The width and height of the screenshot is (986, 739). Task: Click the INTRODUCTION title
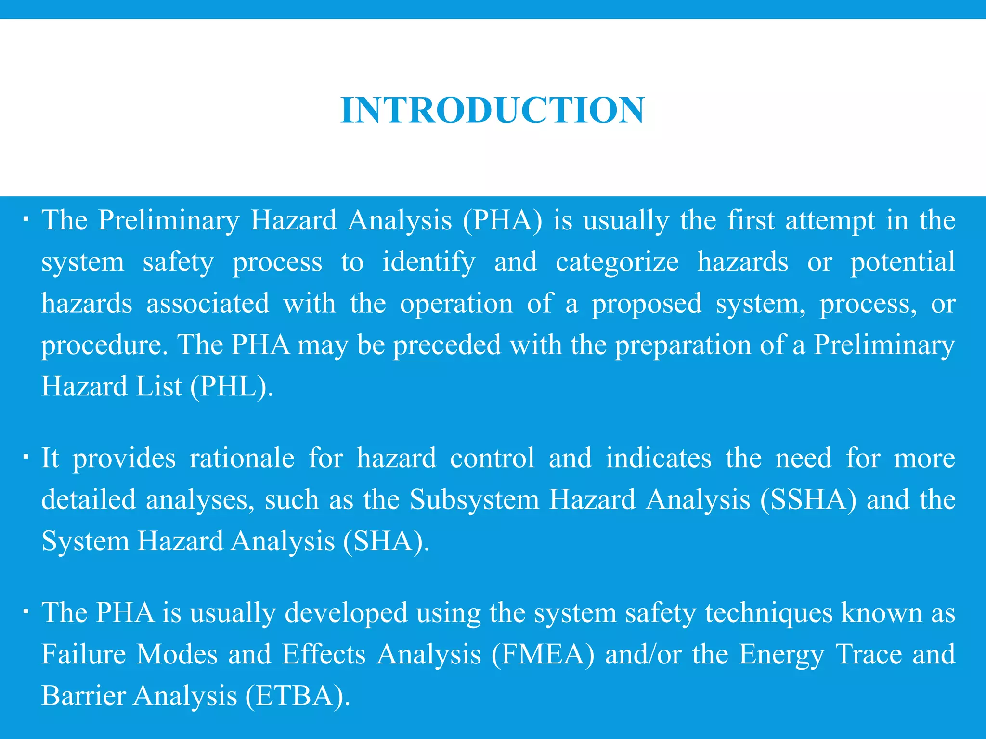(x=492, y=110)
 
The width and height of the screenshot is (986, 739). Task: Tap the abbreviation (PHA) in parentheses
(x=503, y=221)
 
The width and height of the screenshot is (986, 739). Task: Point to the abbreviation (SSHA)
(x=809, y=499)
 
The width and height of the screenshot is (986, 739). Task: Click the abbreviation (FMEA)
(x=543, y=654)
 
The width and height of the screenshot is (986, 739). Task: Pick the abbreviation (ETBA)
(x=298, y=696)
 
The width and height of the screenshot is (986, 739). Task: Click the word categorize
(x=617, y=263)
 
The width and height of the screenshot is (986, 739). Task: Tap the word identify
(x=428, y=263)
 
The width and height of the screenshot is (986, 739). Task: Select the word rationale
(x=242, y=458)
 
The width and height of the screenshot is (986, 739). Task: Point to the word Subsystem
(x=474, y=499)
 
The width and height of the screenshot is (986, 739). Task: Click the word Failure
(x=83, y=654)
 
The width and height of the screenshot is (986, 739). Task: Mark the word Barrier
(x=83, y=696)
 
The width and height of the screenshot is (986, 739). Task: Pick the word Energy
(x=782, y=654)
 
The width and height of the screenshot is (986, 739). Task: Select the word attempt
(x=830, y=221)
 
